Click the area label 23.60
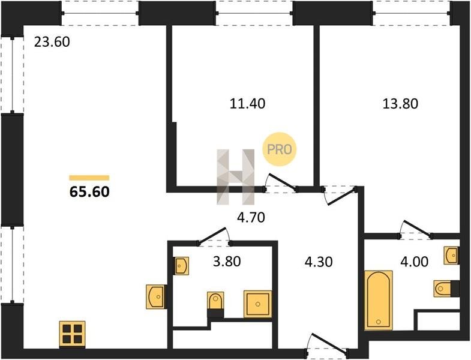point(52,42)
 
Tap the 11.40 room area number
point(247,104)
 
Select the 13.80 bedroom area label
point(400,104)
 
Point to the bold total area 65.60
point(89,192)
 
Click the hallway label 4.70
point(251,218)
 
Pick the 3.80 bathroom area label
point(227,262)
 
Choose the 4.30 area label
point(319,262)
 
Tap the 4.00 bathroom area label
point(414,262)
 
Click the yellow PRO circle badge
point(280,149)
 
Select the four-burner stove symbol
point(72,334)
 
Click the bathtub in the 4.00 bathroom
point(379,300)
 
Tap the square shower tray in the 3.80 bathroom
point(258,304)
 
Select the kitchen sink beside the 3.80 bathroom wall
point(156,296)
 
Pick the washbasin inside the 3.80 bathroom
point(181,266)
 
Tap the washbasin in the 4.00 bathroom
point(451,256)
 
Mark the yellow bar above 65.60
point(89,178)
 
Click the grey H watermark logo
point(235,176)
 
